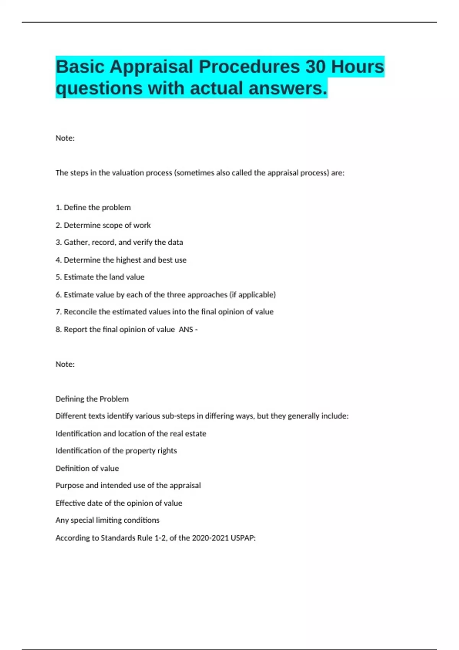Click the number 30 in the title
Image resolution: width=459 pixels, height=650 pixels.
(315, 67)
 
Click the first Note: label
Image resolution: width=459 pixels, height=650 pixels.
(65, 138)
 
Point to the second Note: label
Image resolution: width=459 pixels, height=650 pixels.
(65, 364)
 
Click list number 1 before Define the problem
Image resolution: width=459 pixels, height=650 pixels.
(59, 208)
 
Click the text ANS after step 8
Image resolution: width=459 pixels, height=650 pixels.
(186, 330)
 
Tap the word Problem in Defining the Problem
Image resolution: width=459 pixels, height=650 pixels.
(114, 399)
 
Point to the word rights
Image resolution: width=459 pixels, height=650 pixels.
(167, 451)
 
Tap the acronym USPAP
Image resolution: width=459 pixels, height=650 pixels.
(243, 538)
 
